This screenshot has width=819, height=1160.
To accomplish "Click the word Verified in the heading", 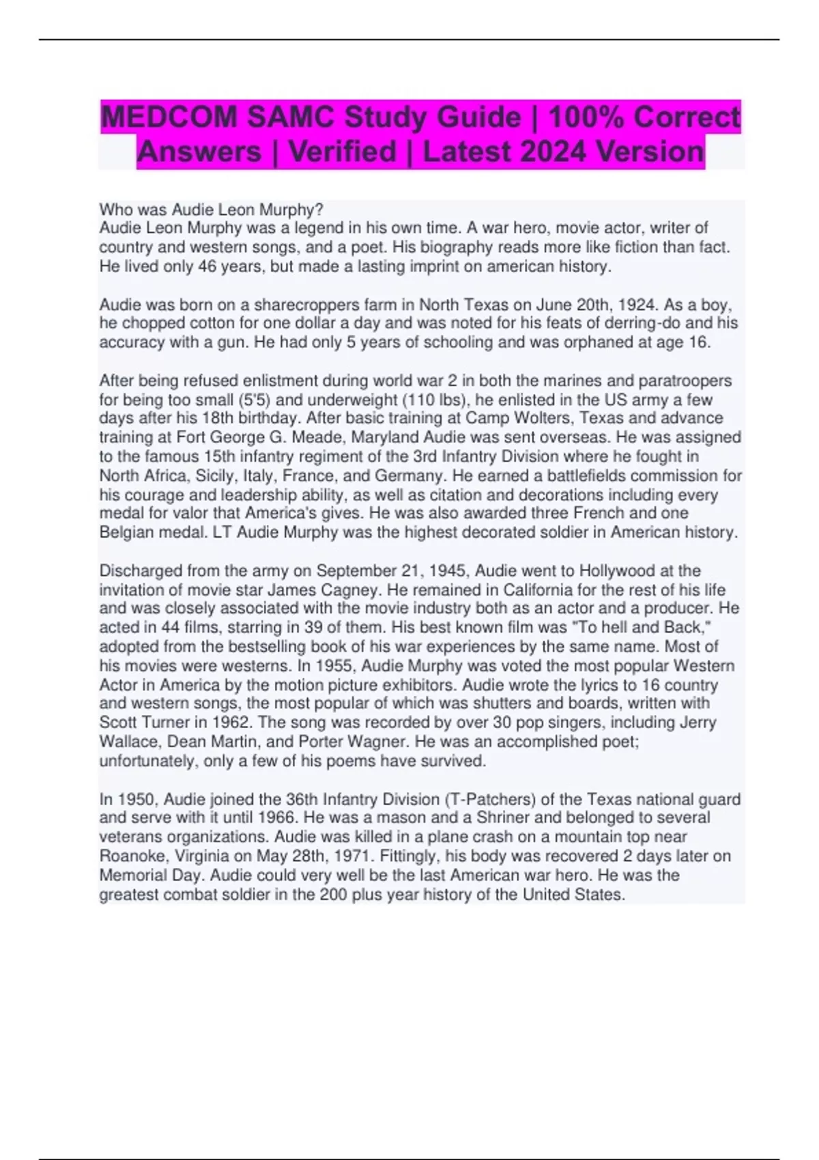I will [342, 151].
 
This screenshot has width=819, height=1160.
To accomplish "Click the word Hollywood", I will [615, 570].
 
